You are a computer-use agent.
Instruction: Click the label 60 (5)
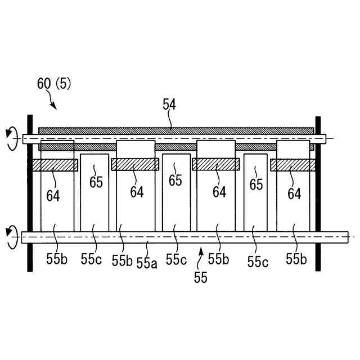tap(54, 84)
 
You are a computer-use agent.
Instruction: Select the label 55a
tap(147, 263)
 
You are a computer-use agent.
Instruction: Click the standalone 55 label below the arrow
tap(200, 277)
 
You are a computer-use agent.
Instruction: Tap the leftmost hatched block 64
tap(55, 165)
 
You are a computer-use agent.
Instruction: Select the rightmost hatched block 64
tap(292, 165)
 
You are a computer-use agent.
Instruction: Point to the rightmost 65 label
tap(256, 184)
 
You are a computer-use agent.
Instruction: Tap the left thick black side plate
tap(30, 191)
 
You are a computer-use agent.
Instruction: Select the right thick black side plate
tap(318, 191)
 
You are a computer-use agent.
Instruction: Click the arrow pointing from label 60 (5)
tap(52, 102)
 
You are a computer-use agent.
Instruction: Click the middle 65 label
tap(175, 180)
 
